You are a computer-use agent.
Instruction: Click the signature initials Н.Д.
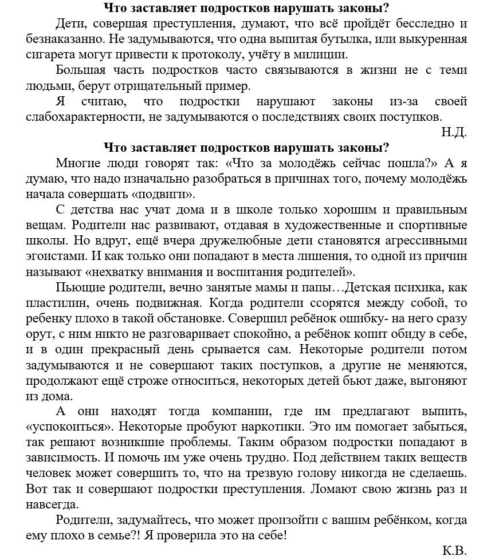tap(454, 132)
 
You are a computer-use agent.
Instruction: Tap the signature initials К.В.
tap(454, 550)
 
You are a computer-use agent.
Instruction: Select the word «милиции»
tap(323, 55)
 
